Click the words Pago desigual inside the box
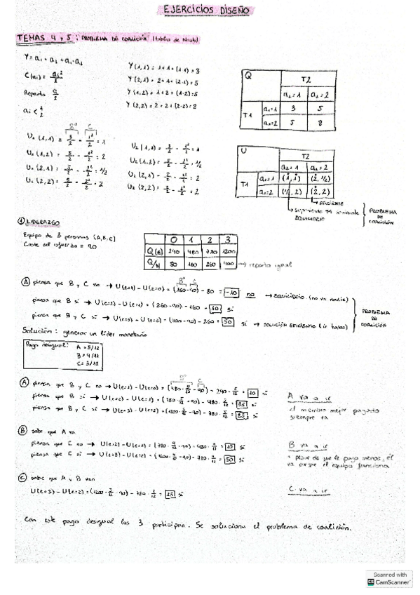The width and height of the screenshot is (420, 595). coord(45,345)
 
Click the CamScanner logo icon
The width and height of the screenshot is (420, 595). coord(371,582)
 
